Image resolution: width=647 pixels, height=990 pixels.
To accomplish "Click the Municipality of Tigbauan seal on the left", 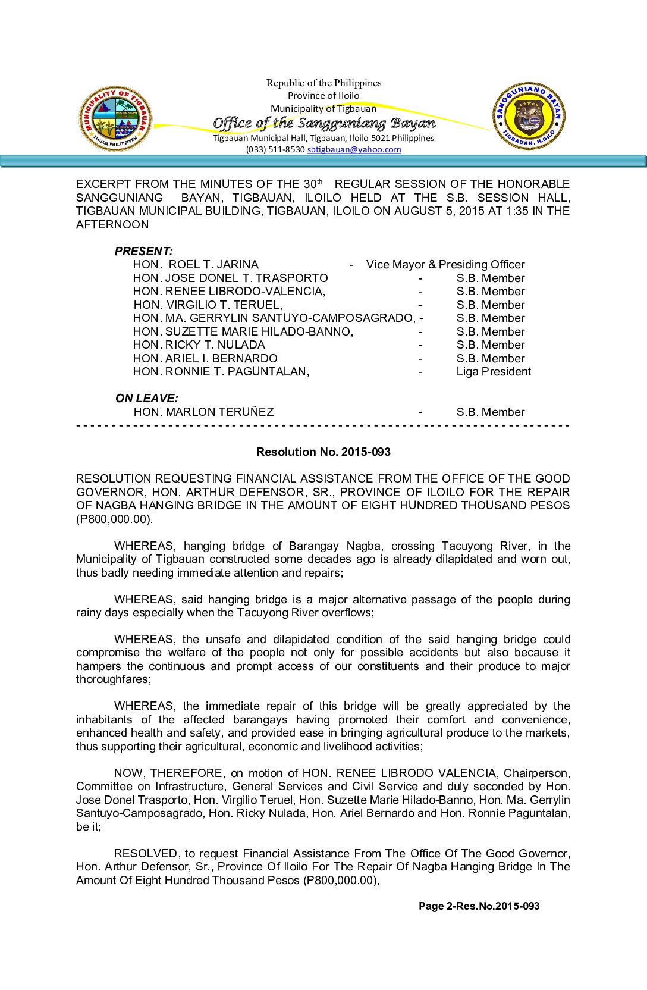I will pyautogui.click(x=115, y=118).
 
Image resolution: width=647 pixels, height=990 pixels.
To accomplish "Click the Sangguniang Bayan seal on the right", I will pyautogui.click(x=529, y=116).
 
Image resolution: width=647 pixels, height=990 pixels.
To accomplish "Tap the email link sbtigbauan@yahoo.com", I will pyautogui.click(x=354, y=149).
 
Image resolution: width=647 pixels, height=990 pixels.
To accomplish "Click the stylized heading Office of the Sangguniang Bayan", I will pyautogui.click(x=324, y=123).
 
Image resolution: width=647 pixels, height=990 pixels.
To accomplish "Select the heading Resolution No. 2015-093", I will pyautogui.click(x=323, y=452).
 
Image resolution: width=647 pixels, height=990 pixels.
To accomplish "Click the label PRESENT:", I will pyautogui.click(x=144, y=251).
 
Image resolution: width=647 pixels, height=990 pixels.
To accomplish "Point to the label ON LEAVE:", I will pyautogui.click(x=147, y=398).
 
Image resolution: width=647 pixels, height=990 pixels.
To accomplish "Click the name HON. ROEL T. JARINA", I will pyautogui.click(x=196, y=264).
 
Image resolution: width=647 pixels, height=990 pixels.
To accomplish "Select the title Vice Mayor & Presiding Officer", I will pyautogui.click(x=445, y=264).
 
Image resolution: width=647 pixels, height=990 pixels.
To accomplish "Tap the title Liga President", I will pyautogui.click(x=494, y=371).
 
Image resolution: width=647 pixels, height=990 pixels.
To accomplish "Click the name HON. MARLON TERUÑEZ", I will pyautogui.click(x=203, y=412).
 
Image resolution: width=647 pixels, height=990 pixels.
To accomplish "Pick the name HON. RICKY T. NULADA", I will pyautogui.click(x=199, y=344).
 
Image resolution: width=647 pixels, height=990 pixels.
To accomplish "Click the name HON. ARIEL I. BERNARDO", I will pyautogui.click(x=205, y=358).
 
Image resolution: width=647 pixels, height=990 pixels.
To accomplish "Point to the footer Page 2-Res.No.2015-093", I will pyautogui.click(x=479, y=906).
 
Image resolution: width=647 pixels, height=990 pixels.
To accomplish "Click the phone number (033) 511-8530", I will pyautogui.click(x=275, y=149).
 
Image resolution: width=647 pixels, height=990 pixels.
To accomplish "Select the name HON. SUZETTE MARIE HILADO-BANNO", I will pyautogui.click(x=243, y=331).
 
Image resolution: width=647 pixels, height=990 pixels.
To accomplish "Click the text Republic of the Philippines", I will pyautogui.click(x=323, y=83).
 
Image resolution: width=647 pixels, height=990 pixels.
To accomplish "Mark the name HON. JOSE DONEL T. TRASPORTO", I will pyautogui.click(x=230, y=278).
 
